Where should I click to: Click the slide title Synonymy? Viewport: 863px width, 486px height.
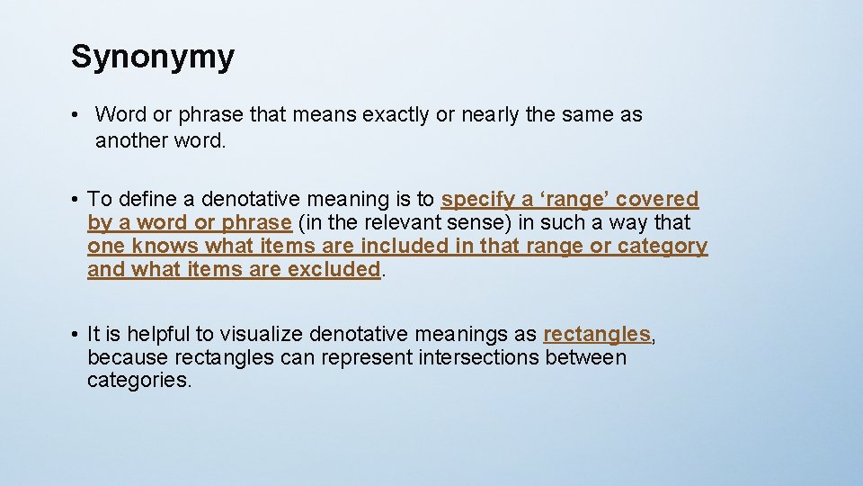[x=153, y=57]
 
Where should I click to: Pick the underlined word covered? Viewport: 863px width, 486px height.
[x=659, y=199]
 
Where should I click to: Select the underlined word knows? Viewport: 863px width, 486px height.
[x=165, y=246]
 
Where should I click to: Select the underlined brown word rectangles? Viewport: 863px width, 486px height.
[x=597, y=334]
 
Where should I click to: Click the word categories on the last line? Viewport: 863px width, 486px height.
[x=138, y=381]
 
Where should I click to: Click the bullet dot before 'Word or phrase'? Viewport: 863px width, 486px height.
[x=80, y=115]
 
